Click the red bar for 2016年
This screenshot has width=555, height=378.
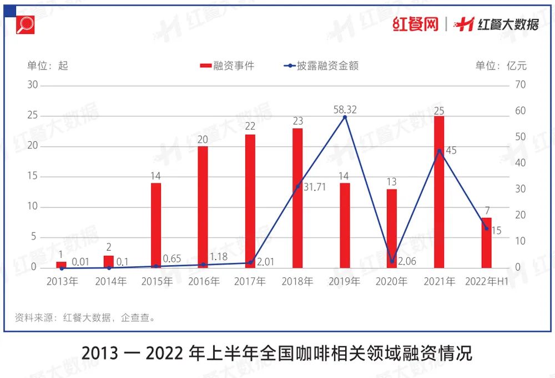[x=203, y=207]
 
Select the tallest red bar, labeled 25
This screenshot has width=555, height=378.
[x=439, y=192]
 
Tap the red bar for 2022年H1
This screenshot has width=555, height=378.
[x=487, y=242]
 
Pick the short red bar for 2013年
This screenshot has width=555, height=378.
[x=61, y=265]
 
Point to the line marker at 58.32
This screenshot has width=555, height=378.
[x=345, y=117]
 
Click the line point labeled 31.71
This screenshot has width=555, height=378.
[x=298, y=186]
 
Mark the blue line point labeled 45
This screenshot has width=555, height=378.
[x=439, y=151]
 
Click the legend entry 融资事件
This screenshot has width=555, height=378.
[x=227, y=66]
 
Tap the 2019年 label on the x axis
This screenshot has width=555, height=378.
[x=345, y=282]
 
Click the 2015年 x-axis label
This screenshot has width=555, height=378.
[x=157, y=282]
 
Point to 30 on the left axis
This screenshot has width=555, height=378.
[x=32, y=85]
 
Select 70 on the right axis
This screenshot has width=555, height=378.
[x=521, y=85]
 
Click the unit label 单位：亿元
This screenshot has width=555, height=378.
[x=501, y=66]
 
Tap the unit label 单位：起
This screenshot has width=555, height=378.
[x=48, y=66]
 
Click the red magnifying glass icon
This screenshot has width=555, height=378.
[x=26, y=24]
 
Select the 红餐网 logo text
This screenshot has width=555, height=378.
[x=416, y=24]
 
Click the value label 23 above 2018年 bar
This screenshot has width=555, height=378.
[x=298, y=121]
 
